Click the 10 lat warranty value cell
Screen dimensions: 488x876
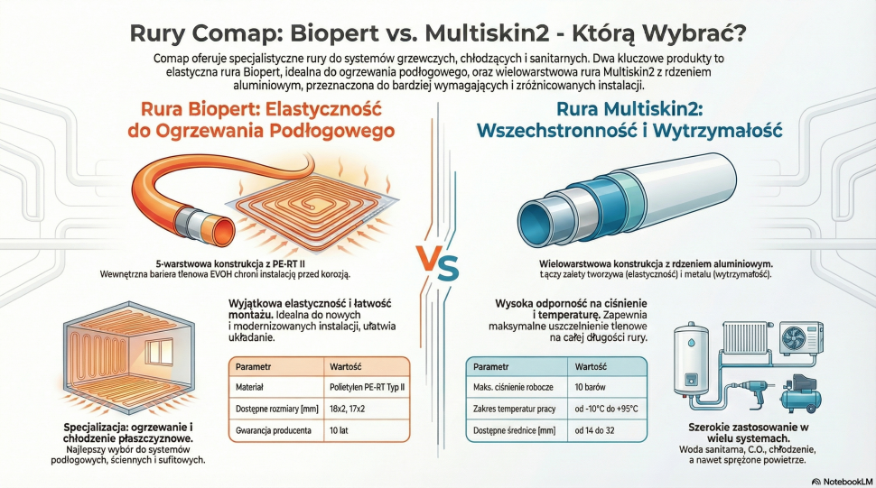pos(338,431)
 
